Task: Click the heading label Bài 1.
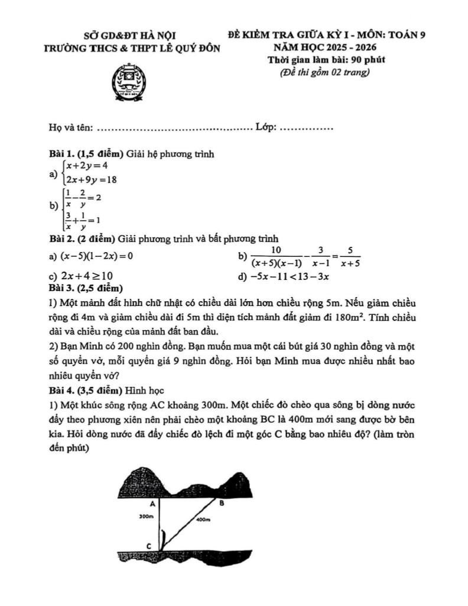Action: coord(61,154)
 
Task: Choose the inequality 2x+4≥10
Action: coord(87,276)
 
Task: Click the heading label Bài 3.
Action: coord(61,288)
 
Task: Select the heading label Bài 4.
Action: coord(61,391)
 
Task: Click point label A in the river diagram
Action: coord(152,504)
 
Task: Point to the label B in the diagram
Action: coord(222,504)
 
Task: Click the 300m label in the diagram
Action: coord(145,517)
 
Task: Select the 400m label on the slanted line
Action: coord(203,519)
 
